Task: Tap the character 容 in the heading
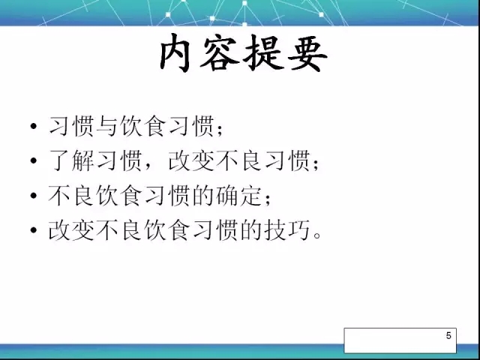tap(220, 53)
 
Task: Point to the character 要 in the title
tap(307, 53)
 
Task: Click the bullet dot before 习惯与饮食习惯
tap(34, 126)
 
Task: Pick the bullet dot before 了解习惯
tap(34, 160)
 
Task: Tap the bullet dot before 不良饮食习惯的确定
tap(34, 195)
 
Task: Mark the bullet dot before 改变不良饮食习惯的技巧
tap(34, 230)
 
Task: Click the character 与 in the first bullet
tap(106, 126)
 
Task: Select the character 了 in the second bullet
tap(58, 160)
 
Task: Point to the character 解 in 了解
tap(82, 160)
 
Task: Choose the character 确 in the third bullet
tap(226, 195)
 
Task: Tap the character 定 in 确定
tap(251, 195)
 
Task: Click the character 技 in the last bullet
tap(275, 229)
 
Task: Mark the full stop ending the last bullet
tap(317, 235)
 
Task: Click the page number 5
tap(448, 335)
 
